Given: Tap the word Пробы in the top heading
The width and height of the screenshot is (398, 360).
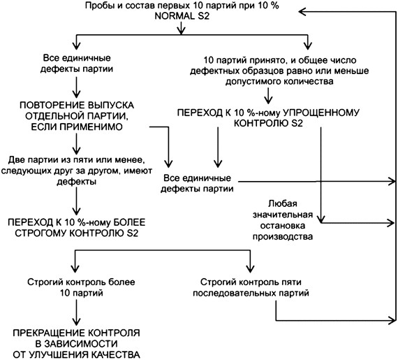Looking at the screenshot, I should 99,6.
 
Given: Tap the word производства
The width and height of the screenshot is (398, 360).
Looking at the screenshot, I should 282,236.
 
